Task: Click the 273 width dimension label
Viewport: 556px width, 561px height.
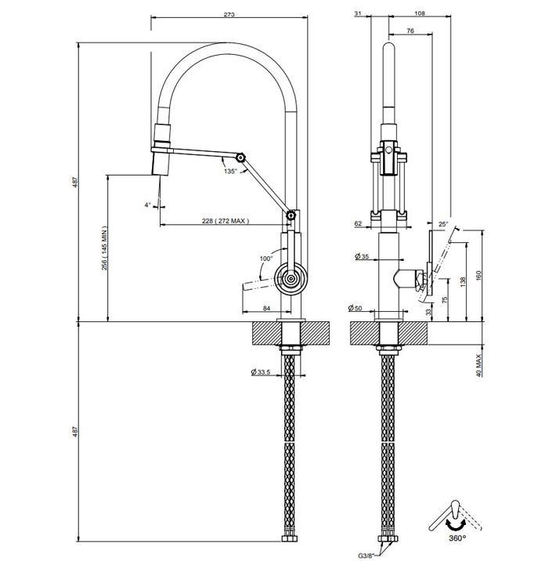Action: coord(229,15)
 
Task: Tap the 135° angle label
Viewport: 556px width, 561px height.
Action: coord(230,172)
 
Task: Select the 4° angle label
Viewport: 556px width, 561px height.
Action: coord(147,205)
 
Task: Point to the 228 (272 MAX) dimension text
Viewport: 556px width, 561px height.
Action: coord(226,221)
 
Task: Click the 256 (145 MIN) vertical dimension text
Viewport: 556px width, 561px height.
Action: coord(104,248)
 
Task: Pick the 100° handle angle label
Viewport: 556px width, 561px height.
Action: coord(266,259)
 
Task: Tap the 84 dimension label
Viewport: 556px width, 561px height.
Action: coord(266,308)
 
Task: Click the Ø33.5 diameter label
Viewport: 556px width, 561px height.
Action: coord(260,372)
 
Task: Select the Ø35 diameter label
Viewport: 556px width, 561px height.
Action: coord(362,256)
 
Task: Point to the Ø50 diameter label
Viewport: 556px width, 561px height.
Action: coord(355,308)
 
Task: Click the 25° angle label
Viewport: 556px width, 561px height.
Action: coord(443,224)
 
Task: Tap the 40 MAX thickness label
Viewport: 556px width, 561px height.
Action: coord(478,366)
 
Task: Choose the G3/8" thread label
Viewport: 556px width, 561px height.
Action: coord(366,556)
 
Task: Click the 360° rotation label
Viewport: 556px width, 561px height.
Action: coord(457,537)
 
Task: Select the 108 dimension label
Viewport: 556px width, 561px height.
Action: coord(420,13)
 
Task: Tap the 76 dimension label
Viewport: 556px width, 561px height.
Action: coord(410,31)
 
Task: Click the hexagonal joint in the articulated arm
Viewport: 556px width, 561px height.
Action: coord(241,157)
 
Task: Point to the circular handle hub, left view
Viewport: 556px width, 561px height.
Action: coord(291,279)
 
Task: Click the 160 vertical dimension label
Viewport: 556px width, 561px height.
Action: coord(478,275)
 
